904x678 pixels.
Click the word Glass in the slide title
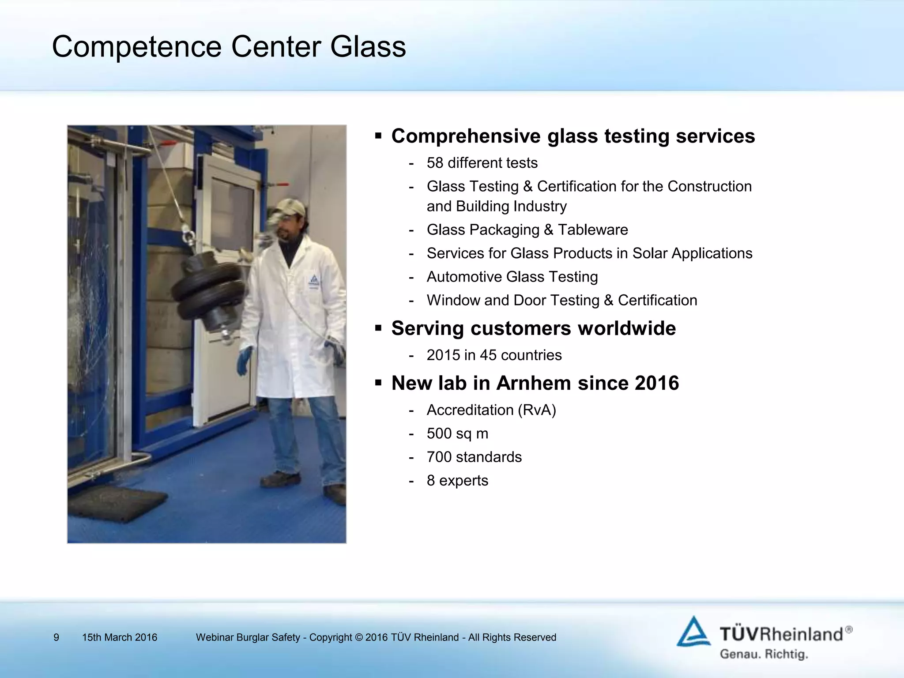pos(368,47)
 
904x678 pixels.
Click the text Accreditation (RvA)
pos(491,410)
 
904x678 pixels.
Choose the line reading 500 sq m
pos(457,433)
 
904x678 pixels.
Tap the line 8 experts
pos(457,480)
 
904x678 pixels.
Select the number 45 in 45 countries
pos(489,355)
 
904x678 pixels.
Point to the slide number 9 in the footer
pos(56,637)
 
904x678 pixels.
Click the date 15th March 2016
pos(120,637)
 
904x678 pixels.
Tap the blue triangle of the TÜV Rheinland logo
pos(693,632)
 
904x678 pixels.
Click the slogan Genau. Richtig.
pos(764,654)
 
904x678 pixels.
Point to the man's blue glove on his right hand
pos(244,360)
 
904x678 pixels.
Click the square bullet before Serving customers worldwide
pos(378,328)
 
